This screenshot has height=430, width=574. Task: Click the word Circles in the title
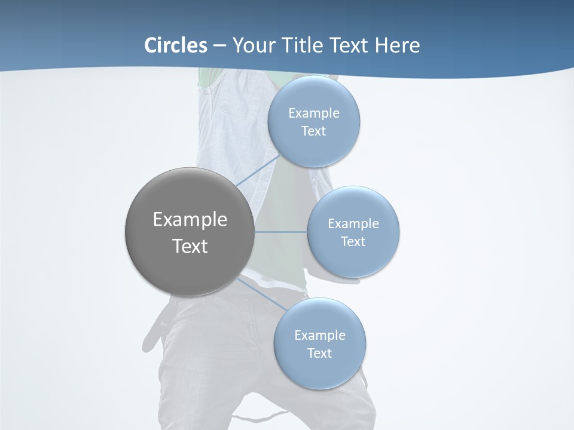tap(176, 45)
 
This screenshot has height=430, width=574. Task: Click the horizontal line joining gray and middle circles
tap(280, 231)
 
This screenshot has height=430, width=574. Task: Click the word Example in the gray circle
tap(190, 220)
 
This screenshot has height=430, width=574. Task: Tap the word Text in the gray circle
tap(190, 246)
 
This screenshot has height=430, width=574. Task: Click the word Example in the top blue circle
tap(314, 113)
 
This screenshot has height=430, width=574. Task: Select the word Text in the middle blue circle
tap(353, 241)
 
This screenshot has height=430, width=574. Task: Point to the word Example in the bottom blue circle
tap(320, 335)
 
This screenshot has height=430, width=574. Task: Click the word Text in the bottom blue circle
tap(320, 353)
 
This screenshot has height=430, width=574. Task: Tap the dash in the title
tap(219, 45)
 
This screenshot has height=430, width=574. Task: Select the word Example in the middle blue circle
tap(353, 223)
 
